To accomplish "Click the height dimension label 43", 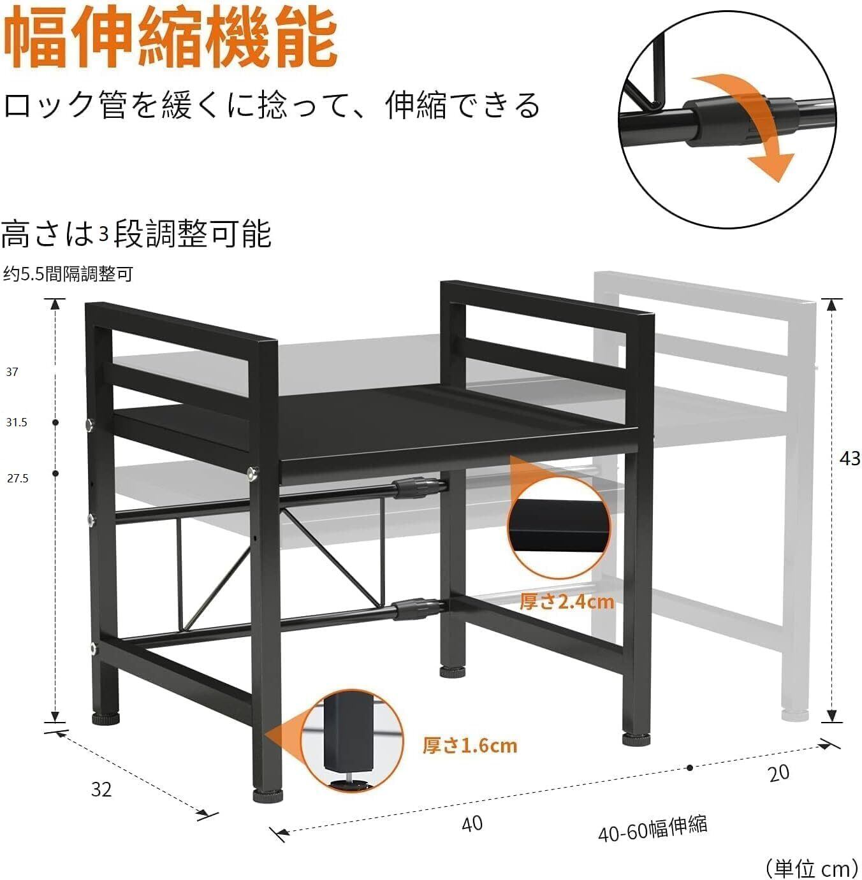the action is click(x=850, y=458).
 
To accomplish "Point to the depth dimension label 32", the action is click(x=101, y=790).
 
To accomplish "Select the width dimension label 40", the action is click(x=472, y=823).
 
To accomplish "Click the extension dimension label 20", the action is click(x=778, y=773).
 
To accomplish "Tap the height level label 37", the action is click(x=12, y=372).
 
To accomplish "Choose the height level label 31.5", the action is click(x=17, y=422).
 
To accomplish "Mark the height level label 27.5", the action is click(x=17, y=478).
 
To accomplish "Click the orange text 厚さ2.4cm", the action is click(x=567, y=601).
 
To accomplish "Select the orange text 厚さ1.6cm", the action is click(x=470, y=745).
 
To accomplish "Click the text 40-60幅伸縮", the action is click(x=652, y=829).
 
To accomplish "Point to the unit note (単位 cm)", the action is click(x=811, y=867).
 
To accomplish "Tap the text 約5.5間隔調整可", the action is click(x=68, y=274).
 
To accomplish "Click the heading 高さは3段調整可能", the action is click(x=136, y=234).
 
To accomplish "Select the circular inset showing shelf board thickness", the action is click(x=559, y=523).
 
